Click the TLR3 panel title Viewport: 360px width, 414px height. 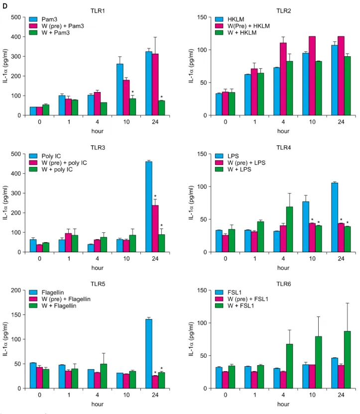[98, 147]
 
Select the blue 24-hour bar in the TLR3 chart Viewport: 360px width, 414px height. [149, 207]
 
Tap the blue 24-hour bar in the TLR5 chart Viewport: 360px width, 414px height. [149, 354]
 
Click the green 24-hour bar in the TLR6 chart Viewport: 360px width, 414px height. [348, 360]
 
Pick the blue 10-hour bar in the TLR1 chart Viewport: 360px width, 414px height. [120, 90]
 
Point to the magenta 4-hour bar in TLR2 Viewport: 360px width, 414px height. [283, 79]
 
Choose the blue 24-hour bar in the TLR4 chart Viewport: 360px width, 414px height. [335, 217]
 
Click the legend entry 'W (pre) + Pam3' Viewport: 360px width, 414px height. [57, 26]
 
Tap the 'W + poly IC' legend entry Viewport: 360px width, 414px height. [51, 169]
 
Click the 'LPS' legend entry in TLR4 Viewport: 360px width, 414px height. [227, 156]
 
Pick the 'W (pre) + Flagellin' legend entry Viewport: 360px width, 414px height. [60, 299]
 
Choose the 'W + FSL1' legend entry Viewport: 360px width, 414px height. [235, 306]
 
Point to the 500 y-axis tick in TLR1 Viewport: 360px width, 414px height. [16, 17]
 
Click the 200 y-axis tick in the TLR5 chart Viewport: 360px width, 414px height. [16, 290]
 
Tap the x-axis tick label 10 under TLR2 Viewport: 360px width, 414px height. [312, 122]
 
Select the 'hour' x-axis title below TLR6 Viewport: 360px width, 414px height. [283, 404]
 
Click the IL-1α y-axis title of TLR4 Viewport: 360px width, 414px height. [191, 203]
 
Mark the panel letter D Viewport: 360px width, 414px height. [4, 6]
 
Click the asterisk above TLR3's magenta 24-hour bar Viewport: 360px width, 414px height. [155, 196]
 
